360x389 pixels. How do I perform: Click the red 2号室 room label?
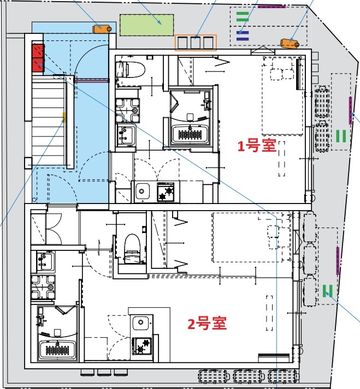coord(207,324)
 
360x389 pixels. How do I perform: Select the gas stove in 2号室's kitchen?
coord(141,346)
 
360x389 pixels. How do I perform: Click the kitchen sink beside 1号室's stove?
coord(143,191)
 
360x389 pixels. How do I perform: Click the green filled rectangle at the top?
coord(147,25)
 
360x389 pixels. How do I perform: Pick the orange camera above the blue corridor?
coord(102,28)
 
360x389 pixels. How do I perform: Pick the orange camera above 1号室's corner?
coord(288,43)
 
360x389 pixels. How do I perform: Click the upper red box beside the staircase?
coord(38,52)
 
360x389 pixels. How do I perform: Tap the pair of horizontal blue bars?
coord(243,35)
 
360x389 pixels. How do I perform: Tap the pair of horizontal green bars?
coord(243,16)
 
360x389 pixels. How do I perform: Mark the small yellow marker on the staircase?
coord(64,116)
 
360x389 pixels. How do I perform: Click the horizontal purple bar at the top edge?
coord(272,6)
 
